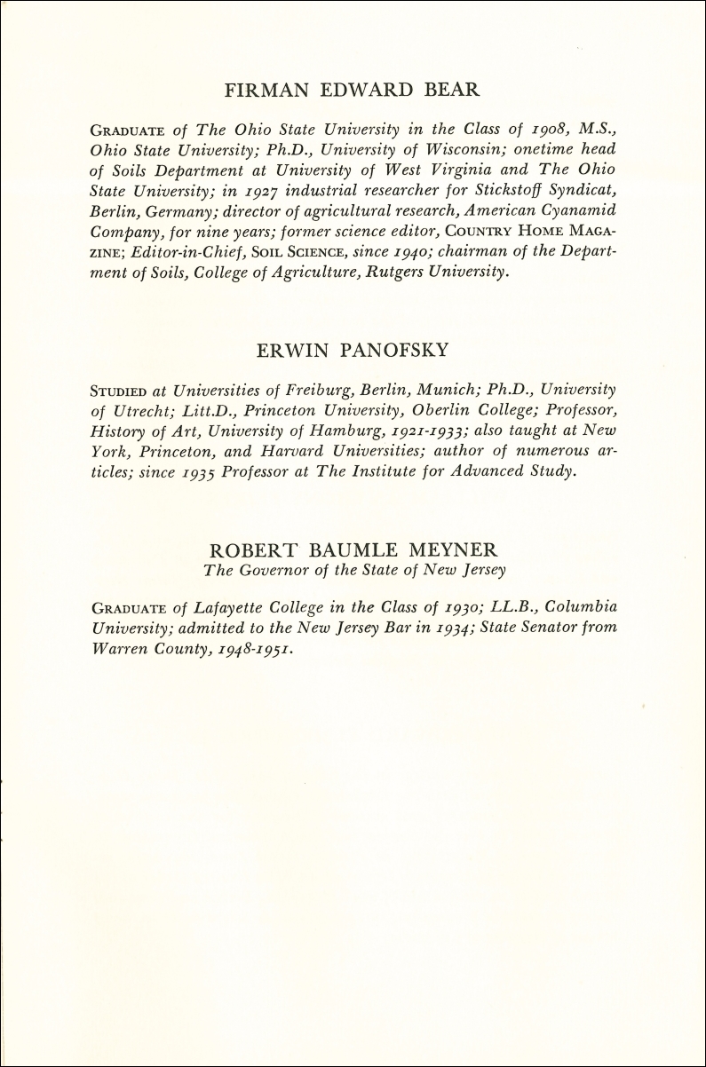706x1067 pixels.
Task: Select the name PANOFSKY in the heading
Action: click(400, 351)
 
